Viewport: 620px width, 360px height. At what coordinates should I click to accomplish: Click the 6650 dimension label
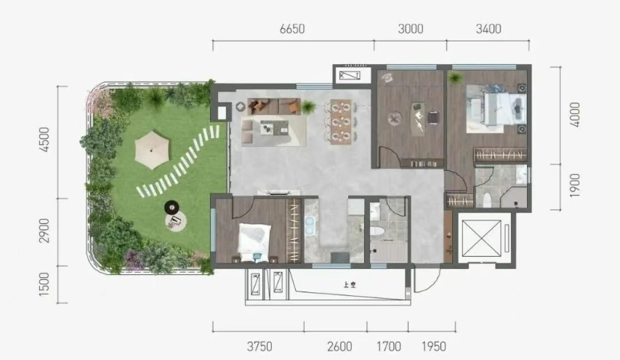tap(292, 29)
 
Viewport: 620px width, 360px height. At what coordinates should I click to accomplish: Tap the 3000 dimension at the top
tap(411, 29)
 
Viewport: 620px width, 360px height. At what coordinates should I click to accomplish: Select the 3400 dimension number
tap(488, 29)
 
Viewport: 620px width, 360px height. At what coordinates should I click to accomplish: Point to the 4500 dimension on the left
tap(44, 139)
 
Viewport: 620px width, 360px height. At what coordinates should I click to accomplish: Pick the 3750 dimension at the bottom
tap(259, 347)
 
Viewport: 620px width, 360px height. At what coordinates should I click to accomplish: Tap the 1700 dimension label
tap(389, 347)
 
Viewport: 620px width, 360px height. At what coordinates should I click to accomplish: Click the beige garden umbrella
tap(152, 150)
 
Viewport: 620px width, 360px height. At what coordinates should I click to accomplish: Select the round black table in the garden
tap(172, 207)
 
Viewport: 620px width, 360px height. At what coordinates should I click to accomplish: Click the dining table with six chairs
tap(341, 121)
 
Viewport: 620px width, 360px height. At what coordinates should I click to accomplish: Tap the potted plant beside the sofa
tap(308, 107)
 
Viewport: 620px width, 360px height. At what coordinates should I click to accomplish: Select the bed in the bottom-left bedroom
tap(254, 242)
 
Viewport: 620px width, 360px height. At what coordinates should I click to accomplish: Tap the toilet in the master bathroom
tap(487, 199)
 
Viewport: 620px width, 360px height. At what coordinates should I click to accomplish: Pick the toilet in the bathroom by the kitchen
tap(379, 232)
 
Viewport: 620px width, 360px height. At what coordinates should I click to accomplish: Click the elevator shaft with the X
tap(482, 239)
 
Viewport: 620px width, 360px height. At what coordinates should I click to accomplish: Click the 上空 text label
tap(350, 285)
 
